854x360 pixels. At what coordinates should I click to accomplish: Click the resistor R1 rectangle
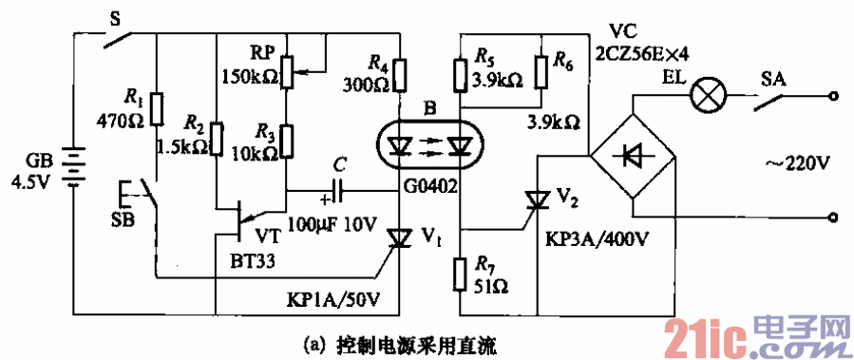(x=158, y=108)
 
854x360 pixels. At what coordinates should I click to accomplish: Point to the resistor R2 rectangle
(x=217, y=139)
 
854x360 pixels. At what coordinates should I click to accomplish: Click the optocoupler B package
(x=430, y=145)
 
